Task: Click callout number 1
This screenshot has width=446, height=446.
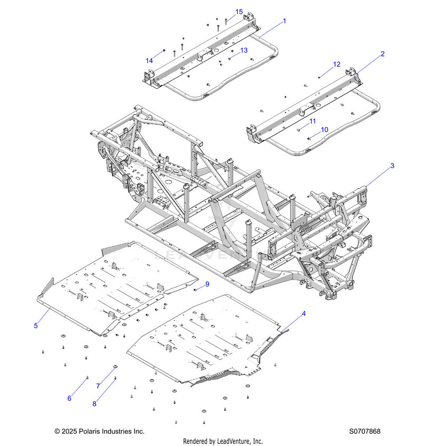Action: click(x=284, y=21)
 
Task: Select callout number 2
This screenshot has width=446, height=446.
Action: click(x=383, y=54)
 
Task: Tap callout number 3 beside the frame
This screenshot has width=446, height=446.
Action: click(x=392, y=166)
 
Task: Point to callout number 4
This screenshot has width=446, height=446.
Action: click(x=304, y=314)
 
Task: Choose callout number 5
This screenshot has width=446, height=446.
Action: click(x=36, y=326)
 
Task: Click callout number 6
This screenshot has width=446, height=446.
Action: click(x=69, y=398)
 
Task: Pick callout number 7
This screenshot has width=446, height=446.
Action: click(x=98, y=386)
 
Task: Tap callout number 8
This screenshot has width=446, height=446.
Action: click(x=94, y=404)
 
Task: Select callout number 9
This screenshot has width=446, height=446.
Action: click(x=207, y=284)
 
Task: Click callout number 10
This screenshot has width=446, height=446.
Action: click(x=324, y=129)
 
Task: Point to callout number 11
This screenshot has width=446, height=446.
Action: click(x=312, y=121)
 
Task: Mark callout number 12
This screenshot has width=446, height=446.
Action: click(x=337, y=64)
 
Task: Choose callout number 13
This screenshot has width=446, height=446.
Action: click(x=244, y=50)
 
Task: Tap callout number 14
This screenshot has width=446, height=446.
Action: click(x=149, y=61)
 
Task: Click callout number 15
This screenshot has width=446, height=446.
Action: click(x=239, y=12)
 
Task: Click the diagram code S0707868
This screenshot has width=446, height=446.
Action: click(x=365, y=432)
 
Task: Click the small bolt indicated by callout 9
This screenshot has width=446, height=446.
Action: click(x=196, y=290)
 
